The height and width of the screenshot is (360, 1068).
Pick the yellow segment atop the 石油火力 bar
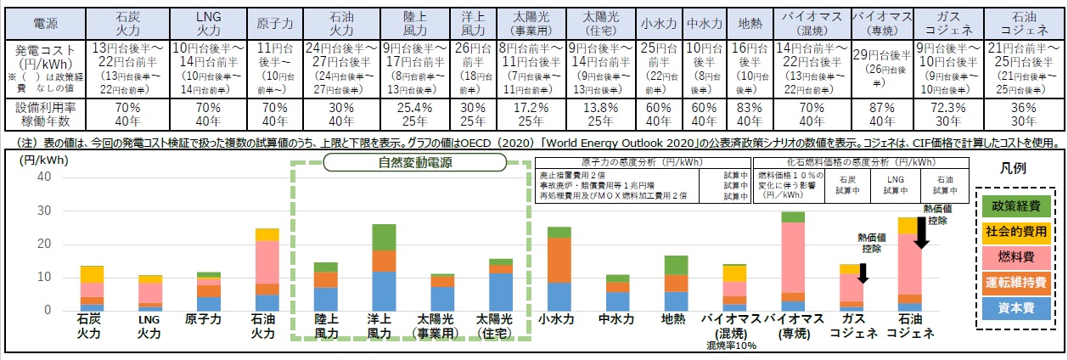point(267,234)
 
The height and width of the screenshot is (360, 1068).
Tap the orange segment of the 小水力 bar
point(559,260)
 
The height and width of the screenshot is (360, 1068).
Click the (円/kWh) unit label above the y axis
point(37,159)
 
